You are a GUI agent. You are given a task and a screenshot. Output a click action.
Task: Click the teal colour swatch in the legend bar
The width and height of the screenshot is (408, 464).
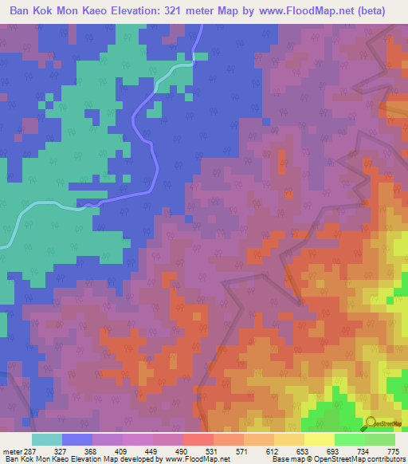[x=47, y=440]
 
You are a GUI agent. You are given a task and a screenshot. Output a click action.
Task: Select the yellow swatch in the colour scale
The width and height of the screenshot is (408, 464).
[x=319, y=440]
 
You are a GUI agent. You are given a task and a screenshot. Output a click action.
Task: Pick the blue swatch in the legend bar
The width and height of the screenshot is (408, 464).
[x=77, y=440]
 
